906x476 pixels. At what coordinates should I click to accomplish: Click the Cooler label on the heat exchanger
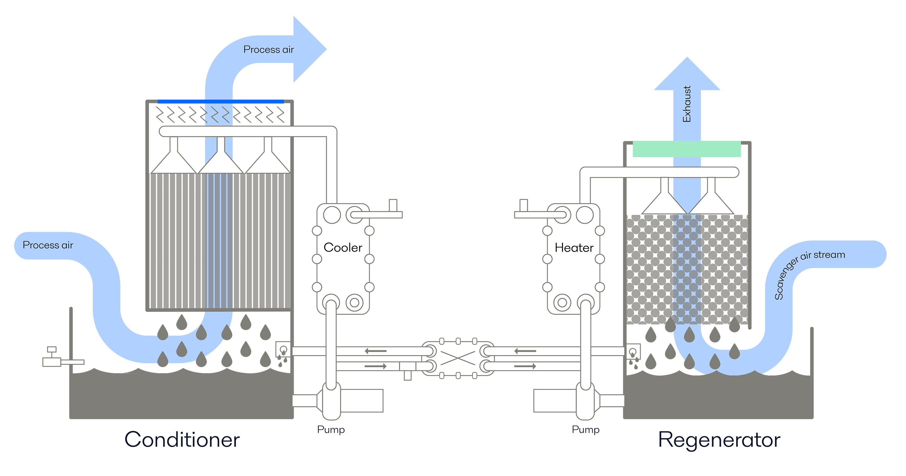point(342,248)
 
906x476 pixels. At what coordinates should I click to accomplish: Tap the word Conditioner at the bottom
point(182,440)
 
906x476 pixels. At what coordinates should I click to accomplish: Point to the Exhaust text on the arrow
point(686,104)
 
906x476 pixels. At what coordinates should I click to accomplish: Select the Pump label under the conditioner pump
point(331,429)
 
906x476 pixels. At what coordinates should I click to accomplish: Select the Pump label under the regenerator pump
point(585,429)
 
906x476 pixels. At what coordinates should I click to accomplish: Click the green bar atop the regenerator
point(686,149)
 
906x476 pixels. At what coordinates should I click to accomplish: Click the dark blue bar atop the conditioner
point(220,102)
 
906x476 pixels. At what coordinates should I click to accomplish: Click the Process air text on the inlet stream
point(48,245)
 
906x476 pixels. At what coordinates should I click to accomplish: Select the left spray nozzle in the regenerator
point(664,199)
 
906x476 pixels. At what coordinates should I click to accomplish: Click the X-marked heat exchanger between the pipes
point(458,359)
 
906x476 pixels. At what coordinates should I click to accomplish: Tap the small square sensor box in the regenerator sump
point(632,351)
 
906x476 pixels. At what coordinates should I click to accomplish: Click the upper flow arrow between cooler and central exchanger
point(375,351)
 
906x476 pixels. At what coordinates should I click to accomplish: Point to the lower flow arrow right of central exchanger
point(525,367)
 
